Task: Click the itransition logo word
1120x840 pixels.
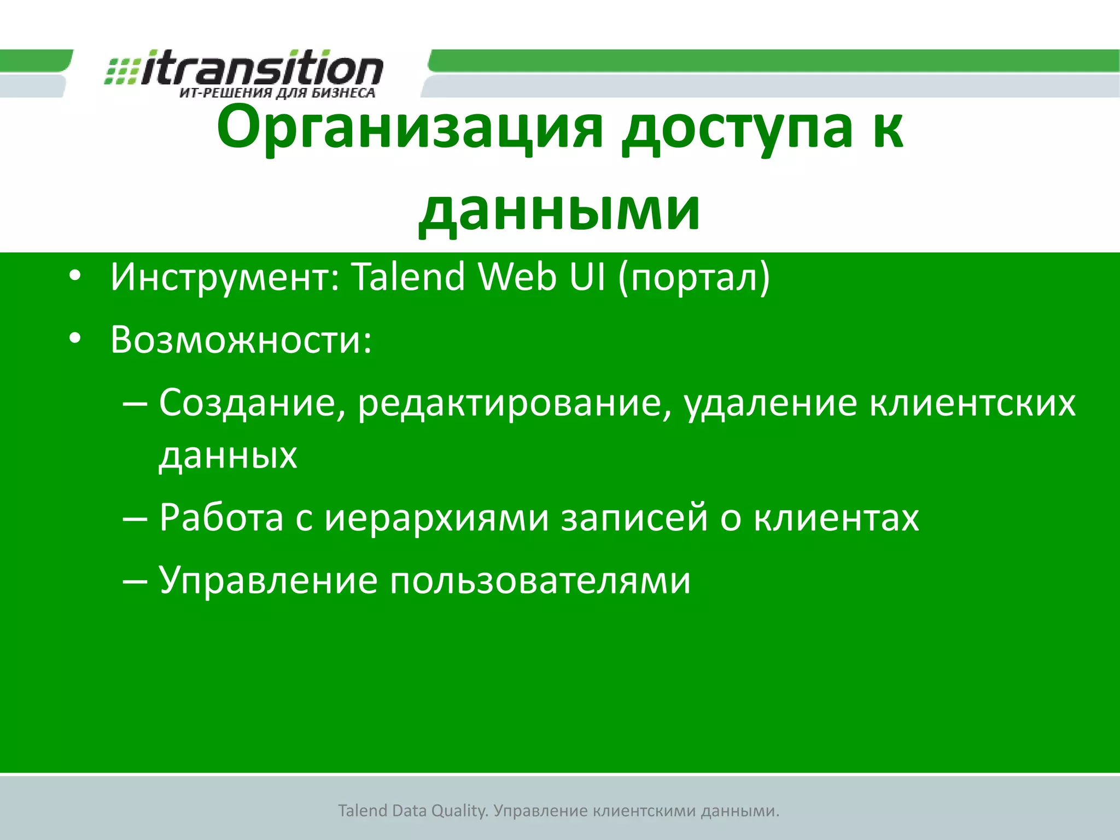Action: click(262, 68)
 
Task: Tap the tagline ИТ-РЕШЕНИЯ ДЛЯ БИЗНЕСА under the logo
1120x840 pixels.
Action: click(277, 93)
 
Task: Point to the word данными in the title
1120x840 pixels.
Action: click(559, 211)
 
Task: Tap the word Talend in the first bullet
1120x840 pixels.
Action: click(407, 277)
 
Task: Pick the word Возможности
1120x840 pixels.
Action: click(241, 340)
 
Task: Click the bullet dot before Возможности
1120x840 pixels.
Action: click(75, 339)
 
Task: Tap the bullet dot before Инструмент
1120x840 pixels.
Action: click(75, 276)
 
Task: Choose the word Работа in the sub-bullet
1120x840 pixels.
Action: click(221, 517)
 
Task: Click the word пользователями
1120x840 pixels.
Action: click(540, 581)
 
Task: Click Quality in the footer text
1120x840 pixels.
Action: click(459, 811)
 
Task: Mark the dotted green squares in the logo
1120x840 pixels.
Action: click(121, 71)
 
